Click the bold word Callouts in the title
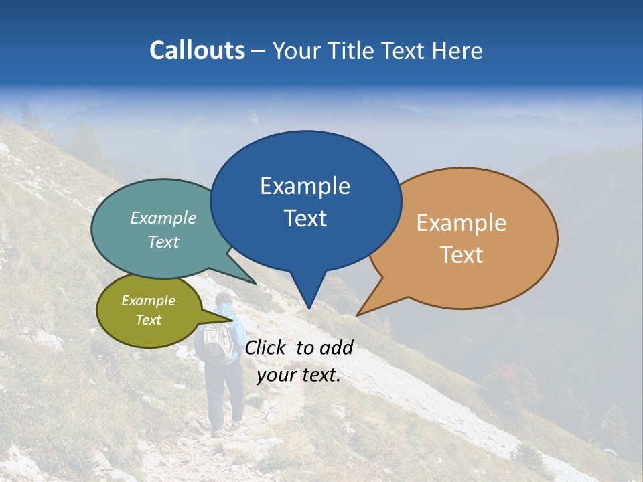click(x=197, y=50)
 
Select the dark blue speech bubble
click(x=305, y=201)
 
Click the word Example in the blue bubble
click(x=305, y=186)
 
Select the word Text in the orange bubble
click(x=461, y=255)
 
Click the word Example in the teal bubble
click(x=163, y=218)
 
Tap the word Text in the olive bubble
click(x=149, y=320)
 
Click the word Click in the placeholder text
click(x=266, y=347)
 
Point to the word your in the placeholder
click(x=276, y=376)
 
